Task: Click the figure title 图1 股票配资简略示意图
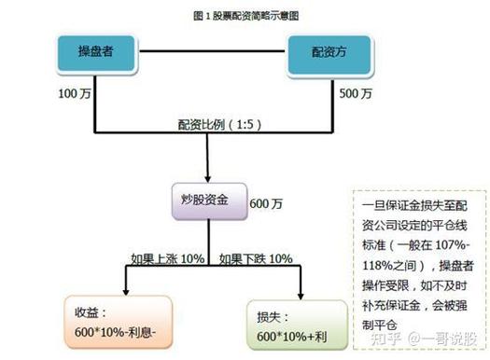[x=245, y=16]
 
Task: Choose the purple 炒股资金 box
[x=213, y=201]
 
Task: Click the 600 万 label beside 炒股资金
[x=264, y=204]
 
